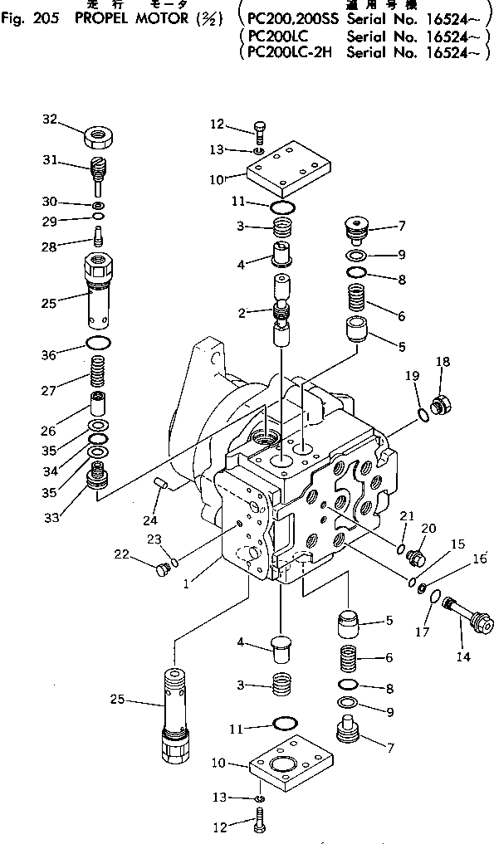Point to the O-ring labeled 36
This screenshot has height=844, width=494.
(99, 344)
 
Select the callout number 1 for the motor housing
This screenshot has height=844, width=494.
(188, 583)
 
